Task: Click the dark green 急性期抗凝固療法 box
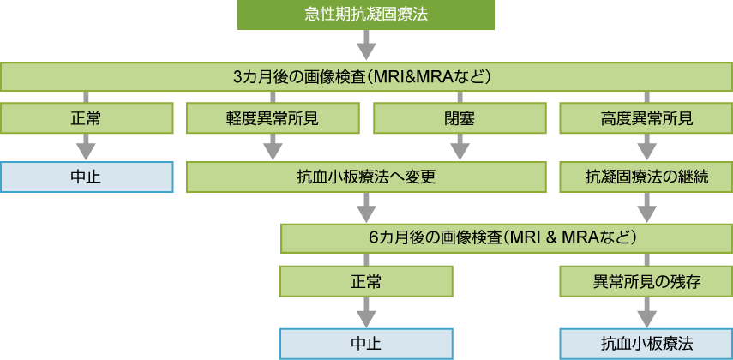tap(366, 15)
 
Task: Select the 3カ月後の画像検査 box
tap(366, 76)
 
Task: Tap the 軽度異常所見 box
tap(273, 118)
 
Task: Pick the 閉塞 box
tap(460, 118)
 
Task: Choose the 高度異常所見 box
tap(646, 118)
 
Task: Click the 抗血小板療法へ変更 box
tap(366, 177)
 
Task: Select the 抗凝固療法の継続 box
tap(646, 177)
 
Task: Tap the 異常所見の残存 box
tap(646, 280)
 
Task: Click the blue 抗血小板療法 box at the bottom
tap(646, 343)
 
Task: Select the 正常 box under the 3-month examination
tap(86, 118)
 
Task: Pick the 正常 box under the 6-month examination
tap(366, 280)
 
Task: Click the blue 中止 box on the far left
tap(86, 177)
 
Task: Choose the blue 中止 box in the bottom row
tap(366, 343)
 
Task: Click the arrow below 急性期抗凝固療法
tap(366, 45)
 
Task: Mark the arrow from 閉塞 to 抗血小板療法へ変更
tap(460, 147)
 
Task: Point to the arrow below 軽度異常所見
tap(273, 147)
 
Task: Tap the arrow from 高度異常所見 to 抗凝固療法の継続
tap(646, 147)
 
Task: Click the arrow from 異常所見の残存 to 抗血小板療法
tap(646, 311)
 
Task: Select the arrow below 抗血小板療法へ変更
tap(366, 207)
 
